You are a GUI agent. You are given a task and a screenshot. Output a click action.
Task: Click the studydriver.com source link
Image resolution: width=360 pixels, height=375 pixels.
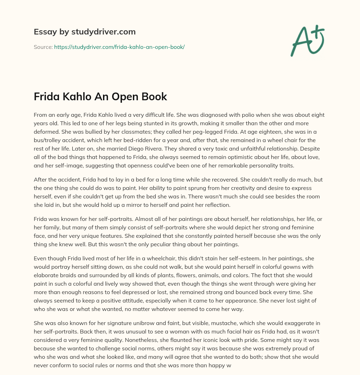tap(119, 47)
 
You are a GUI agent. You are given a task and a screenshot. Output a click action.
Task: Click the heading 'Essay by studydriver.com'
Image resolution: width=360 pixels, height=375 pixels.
tap(85, 32)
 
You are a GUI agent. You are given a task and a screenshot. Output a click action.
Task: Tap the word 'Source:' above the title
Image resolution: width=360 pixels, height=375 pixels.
tap(43, 47)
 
